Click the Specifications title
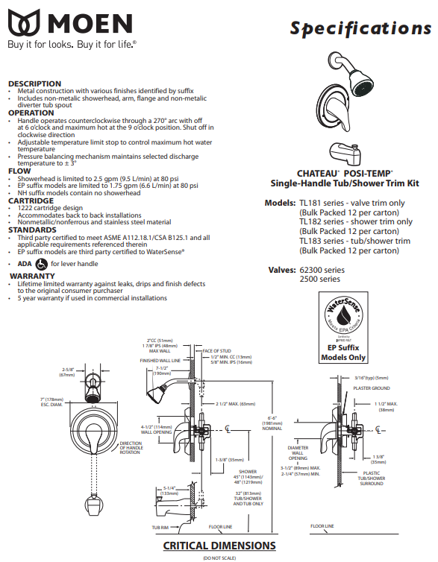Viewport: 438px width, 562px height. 360,28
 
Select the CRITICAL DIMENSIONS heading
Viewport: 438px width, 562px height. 219,546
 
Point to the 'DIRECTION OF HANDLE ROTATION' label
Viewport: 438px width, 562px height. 132,447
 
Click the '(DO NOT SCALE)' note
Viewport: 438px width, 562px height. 219,557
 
